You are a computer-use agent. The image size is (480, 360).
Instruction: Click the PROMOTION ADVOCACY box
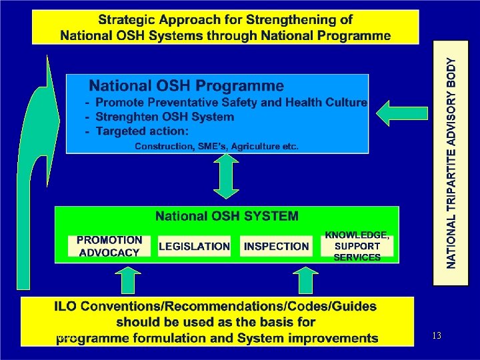coord(109,246)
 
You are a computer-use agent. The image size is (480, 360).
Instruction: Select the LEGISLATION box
coord(194,246)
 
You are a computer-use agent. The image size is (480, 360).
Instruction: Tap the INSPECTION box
coord(276,246)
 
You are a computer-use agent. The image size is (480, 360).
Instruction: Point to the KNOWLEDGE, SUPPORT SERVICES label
coord(357,246)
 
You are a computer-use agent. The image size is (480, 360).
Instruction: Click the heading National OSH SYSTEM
coord(227,216)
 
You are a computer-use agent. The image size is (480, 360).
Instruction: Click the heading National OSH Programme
coord(187,86)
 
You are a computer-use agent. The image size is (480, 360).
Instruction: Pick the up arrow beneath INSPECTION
coord(307,279)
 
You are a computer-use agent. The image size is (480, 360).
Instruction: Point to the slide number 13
coord(437,335)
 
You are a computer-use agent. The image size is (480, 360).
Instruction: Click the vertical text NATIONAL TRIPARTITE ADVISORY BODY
coord(452,163)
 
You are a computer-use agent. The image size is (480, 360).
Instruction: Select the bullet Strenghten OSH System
coord(164,117)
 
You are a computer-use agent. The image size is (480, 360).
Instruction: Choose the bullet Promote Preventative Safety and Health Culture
coord(231,102)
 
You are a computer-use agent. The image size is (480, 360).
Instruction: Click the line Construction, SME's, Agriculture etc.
coord(217,146)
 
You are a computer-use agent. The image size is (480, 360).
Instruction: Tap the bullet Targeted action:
coord(142,131)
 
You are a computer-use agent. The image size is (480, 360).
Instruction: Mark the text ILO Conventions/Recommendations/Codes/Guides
coord(215,307)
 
